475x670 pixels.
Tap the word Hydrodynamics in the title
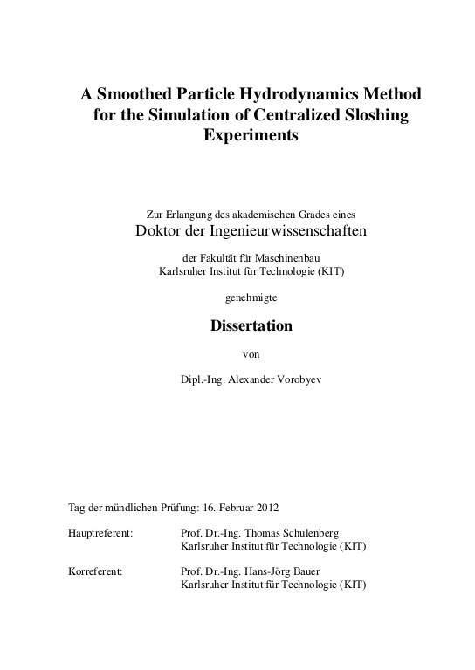[x=295, y=93]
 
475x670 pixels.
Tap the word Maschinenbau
[x=291, y=257]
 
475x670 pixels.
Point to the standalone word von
[x=251, y=353]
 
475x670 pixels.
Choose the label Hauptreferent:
[x=100, y=533]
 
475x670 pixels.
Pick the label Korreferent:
[x=95, y=572]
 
